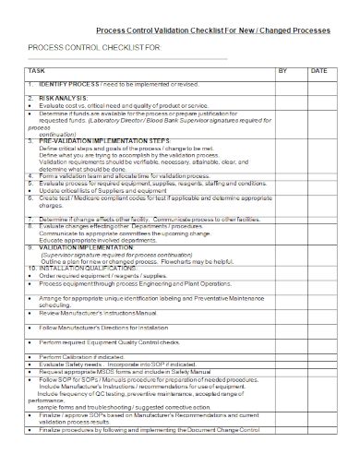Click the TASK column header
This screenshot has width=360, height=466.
36,71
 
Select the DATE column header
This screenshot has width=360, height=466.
318,71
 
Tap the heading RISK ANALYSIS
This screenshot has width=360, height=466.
64,98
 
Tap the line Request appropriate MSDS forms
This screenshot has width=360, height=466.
129,371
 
